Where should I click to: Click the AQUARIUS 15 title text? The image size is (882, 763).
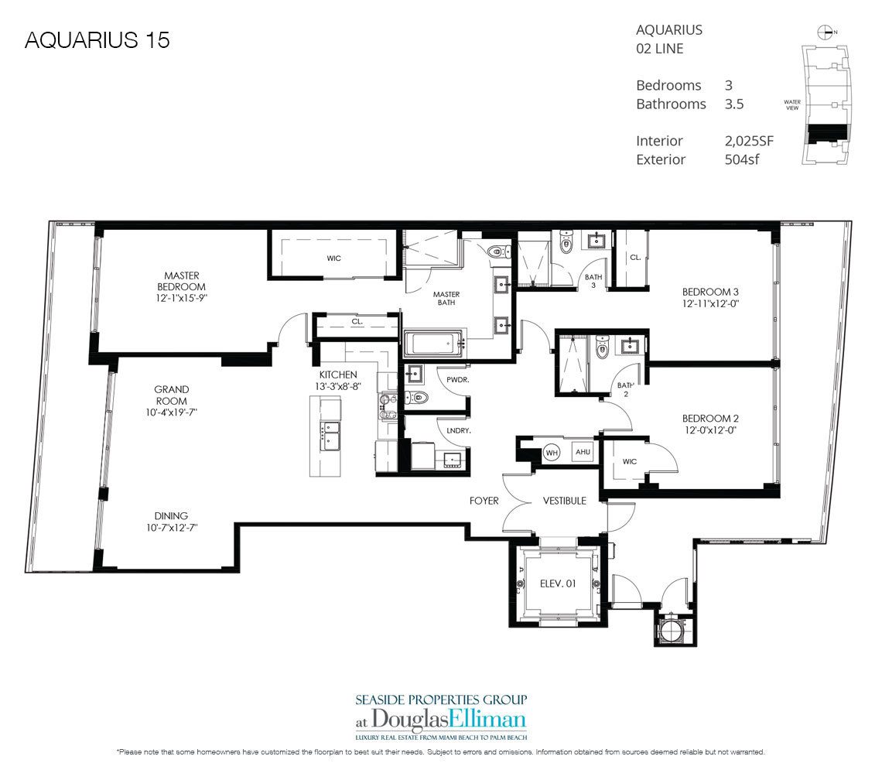coord(97,40)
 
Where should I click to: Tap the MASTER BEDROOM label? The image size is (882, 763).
coord(182,281)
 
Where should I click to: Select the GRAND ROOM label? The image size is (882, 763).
coord(171,395)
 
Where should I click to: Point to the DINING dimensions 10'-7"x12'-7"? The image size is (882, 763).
coord(171,529)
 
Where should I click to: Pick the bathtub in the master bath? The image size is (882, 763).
coord(432,342)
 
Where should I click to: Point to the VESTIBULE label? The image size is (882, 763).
coord(564,501)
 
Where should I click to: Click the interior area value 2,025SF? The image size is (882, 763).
coord(747,141)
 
